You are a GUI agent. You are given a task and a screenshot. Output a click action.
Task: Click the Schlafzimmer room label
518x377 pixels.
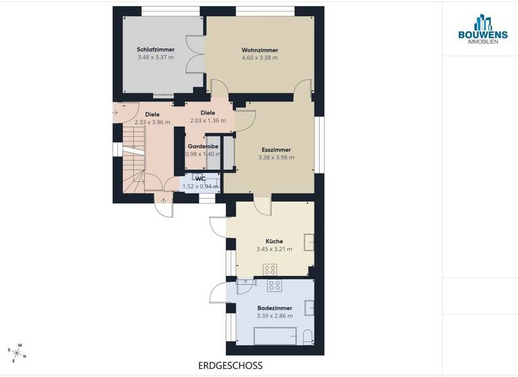(156, 50)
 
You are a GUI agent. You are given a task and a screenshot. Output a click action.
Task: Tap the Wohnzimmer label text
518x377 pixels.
(260, 50)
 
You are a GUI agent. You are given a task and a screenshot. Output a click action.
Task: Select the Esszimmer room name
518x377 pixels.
(276, 149)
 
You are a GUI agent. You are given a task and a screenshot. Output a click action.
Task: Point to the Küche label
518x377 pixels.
(274, 241)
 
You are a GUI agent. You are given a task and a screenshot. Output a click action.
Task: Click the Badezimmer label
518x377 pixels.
(274, 307)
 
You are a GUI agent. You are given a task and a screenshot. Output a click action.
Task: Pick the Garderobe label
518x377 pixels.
(202, 146)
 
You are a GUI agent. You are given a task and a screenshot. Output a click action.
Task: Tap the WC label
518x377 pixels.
(200, 178)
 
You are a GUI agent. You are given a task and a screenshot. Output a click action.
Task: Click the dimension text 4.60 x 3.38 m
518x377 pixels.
(260, 58)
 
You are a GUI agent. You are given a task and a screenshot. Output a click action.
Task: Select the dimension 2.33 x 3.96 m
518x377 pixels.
(152, 122)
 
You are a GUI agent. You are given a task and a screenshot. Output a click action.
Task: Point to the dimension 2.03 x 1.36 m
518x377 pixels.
(208, 121)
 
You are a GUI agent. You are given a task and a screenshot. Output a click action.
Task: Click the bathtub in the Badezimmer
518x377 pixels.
(275, 335)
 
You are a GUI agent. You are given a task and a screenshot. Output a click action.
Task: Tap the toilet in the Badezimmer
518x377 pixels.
(307, 336)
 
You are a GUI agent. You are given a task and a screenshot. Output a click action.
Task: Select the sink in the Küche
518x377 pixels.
(309, 242)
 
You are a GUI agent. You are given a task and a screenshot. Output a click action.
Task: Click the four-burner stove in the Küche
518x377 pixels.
(273, 269)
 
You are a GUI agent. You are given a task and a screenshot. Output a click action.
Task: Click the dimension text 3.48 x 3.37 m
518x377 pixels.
(156, 57)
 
